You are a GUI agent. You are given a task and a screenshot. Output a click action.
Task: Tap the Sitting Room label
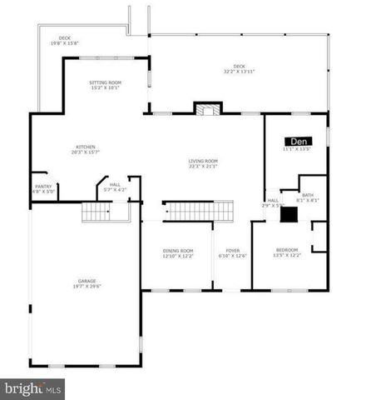[106, 82]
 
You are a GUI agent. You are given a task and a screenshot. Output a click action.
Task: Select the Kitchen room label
[86, 147]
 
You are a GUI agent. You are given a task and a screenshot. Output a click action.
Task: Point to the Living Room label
[202, 160]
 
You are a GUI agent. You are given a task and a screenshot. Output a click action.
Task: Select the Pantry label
[43, 186]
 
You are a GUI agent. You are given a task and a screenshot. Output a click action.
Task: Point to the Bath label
[307, 194]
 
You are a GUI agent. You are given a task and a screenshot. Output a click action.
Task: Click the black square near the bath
[288, 214]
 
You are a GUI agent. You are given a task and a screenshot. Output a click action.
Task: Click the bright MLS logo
[33, 387]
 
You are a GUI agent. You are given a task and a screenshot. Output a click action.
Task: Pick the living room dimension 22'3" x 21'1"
[202, 166]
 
